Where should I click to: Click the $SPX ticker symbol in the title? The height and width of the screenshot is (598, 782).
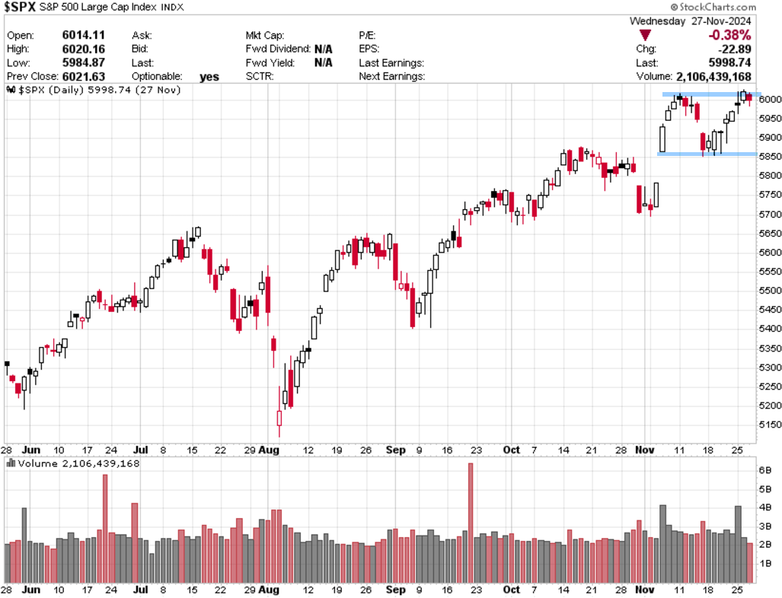[x=23, y=8]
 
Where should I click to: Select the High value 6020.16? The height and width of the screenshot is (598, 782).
[x=84, y=49]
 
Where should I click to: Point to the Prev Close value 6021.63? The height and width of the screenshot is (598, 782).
[x=84, y=77]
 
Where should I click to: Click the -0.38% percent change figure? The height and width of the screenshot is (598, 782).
[x=729, y=35]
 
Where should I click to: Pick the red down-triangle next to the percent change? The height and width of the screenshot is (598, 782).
[x=646, y=36]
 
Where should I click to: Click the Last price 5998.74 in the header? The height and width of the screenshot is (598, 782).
[x=729, y=63]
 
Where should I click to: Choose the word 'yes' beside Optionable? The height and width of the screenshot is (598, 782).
[x=209, y=77]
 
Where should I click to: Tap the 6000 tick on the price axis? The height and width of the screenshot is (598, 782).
[x=768, y=100]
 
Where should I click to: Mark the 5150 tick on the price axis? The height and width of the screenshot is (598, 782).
[x=768, y=425]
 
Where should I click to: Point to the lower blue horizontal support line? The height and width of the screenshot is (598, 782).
[x=707, y=154]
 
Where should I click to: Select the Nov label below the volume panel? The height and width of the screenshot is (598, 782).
[x=645, y=590]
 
